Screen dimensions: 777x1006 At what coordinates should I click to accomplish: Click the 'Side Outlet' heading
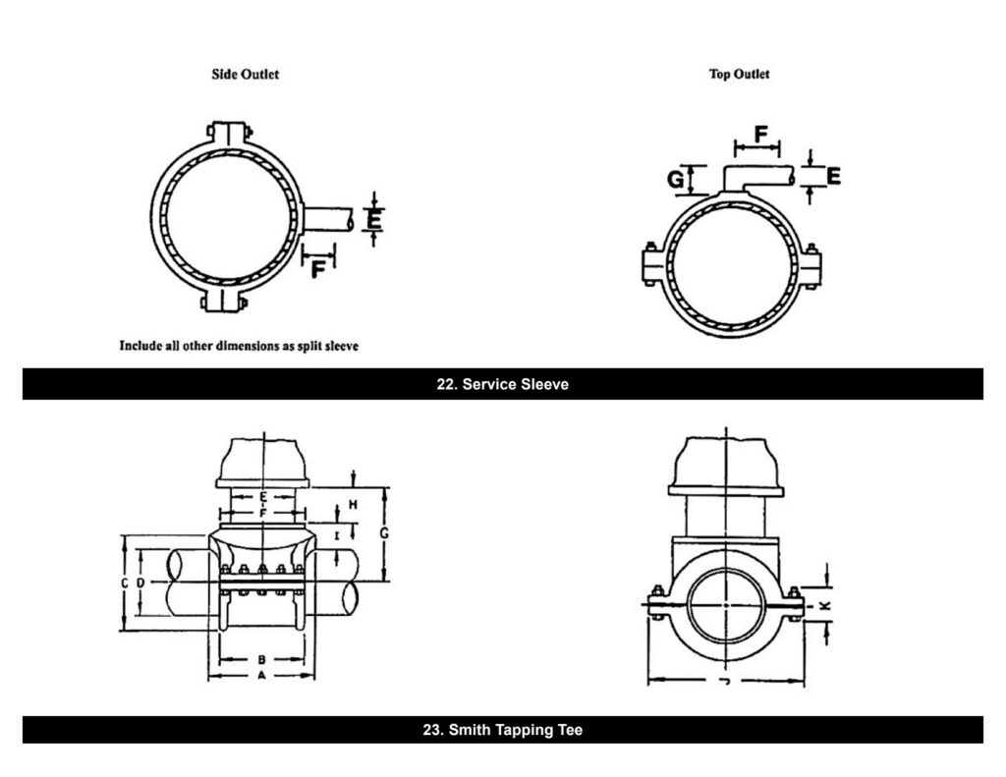point(245,75)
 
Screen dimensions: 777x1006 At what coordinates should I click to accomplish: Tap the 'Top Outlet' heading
point(739,75)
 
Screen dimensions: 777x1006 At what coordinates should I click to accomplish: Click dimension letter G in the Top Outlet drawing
point(676,180)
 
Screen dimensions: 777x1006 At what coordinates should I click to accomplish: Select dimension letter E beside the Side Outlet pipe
point(373,218)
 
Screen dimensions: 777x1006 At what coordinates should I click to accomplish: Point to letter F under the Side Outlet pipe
point(317,267)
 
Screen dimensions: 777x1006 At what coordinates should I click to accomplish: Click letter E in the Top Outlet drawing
point(833,177)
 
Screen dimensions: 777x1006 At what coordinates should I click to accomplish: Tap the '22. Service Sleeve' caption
point(502,384)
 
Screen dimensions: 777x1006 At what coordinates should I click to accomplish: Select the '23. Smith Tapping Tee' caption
point(502,731)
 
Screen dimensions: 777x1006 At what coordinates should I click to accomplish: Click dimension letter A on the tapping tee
point(261,677)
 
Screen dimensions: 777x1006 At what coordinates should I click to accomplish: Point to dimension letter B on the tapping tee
point(261,659)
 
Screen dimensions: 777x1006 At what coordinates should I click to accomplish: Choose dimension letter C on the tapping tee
point(125,583)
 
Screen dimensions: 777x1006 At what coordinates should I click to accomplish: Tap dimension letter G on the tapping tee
point(385,532)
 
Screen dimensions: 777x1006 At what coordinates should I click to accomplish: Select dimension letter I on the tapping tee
point(337,535)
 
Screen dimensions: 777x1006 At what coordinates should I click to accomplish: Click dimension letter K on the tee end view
point(825,606)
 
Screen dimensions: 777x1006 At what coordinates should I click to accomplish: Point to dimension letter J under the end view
point(725,680)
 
